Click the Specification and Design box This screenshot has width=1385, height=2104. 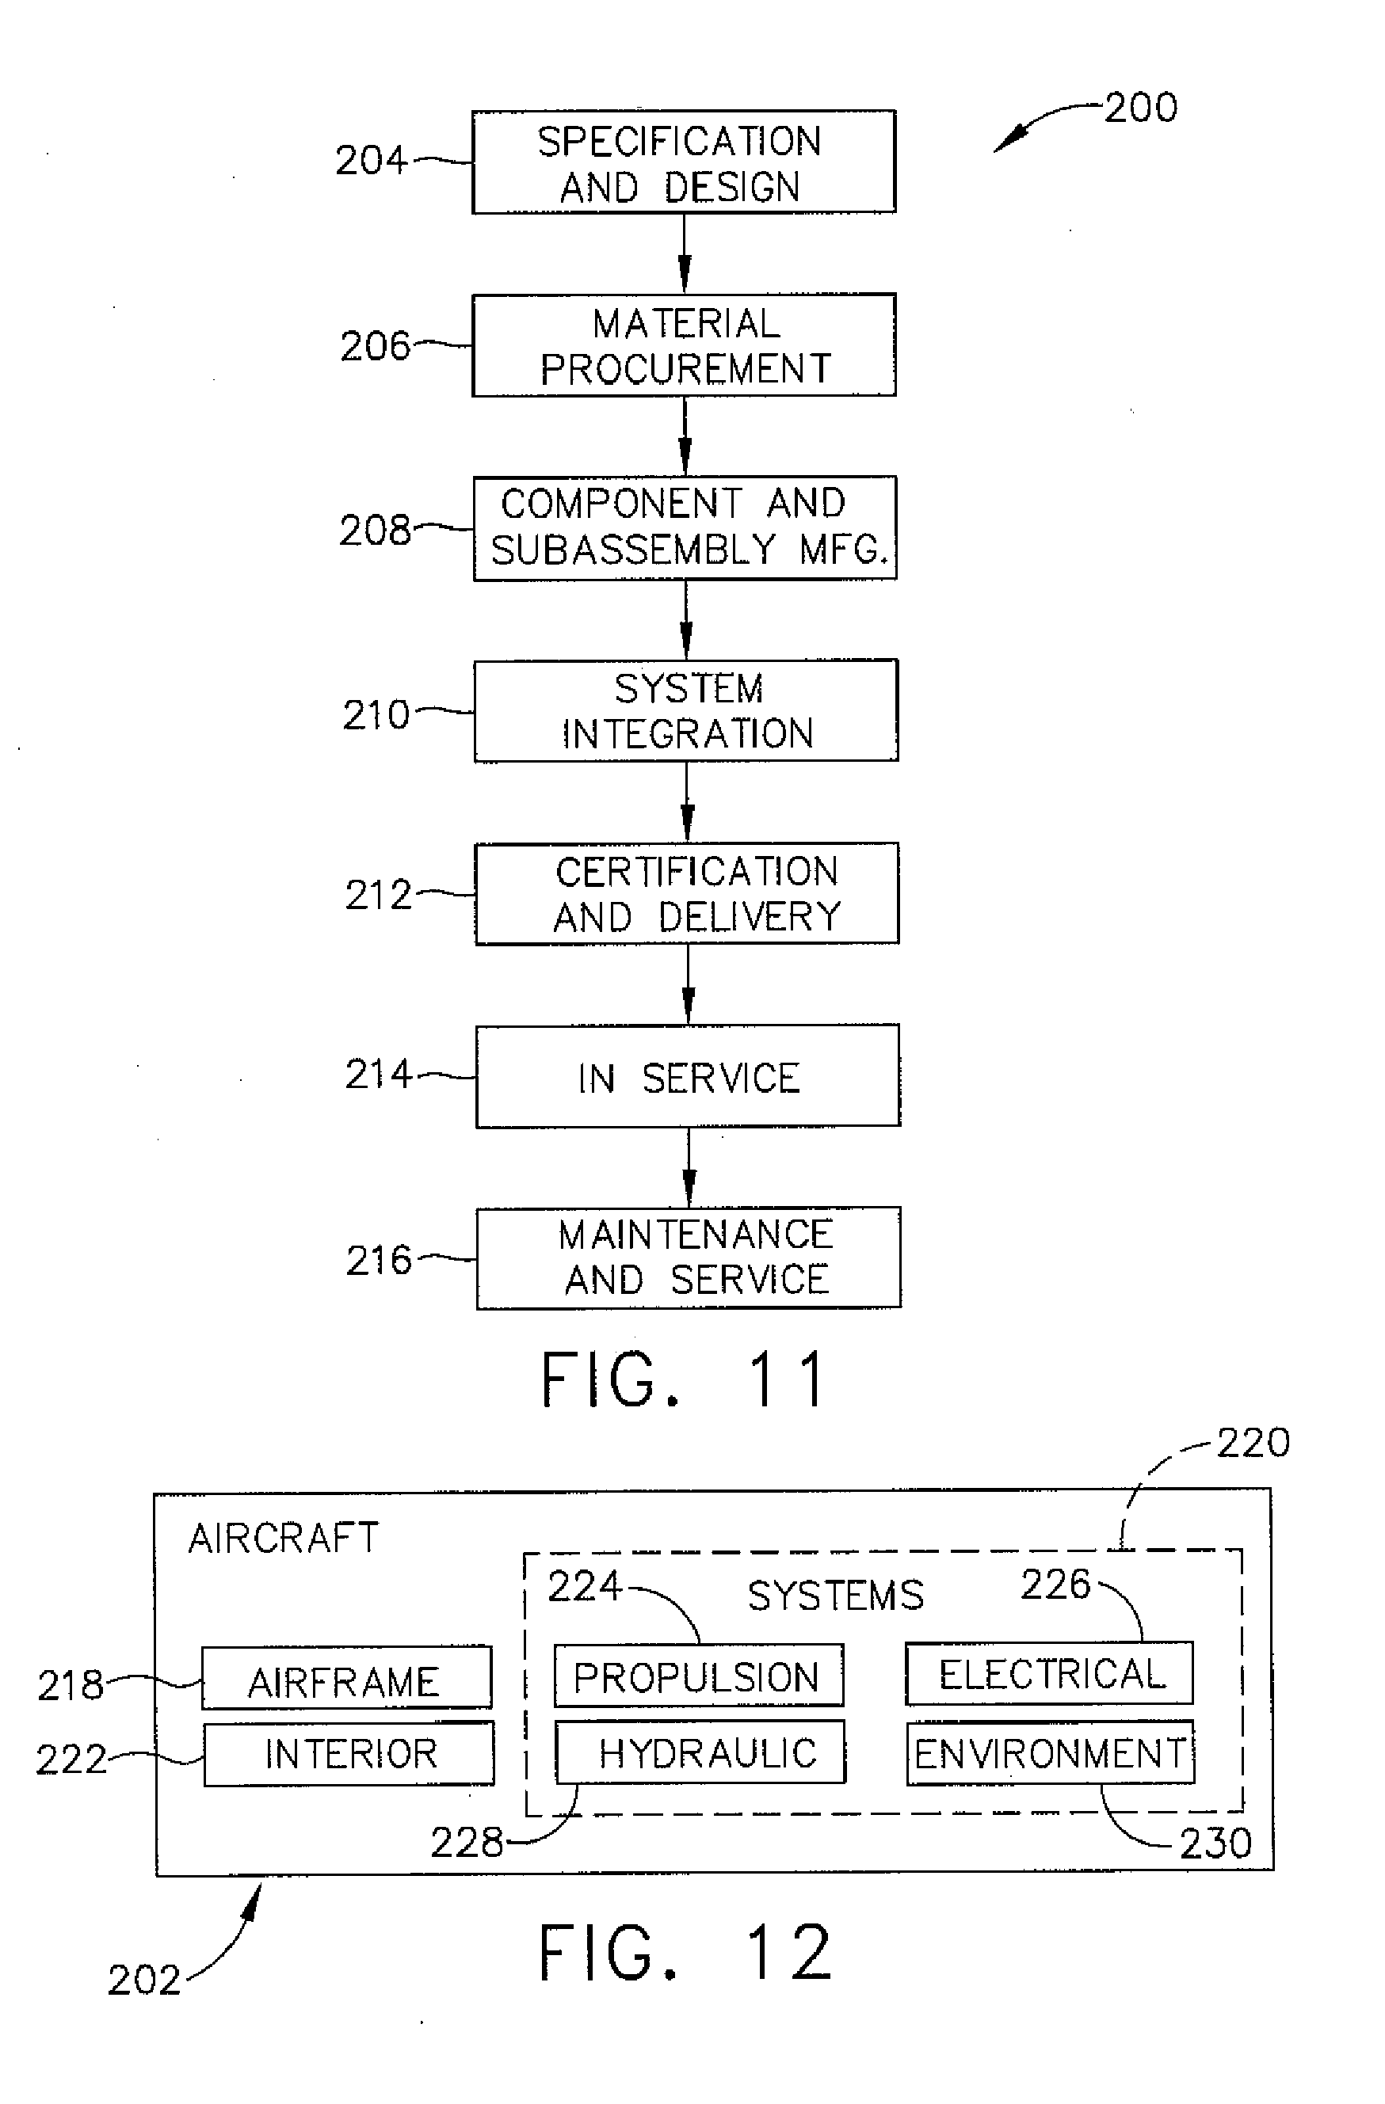(x=683, y=162)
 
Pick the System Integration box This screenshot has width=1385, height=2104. (x=685, y=711)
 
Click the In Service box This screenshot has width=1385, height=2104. (x=687, y=1076)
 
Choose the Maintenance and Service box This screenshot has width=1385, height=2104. (x=688, y=1258)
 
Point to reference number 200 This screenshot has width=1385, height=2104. (x=1140, y=108)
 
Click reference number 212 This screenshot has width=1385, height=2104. (x=378, y=895)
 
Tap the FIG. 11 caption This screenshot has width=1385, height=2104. (x=684, y=1380)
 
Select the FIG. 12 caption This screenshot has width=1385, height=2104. (x=685, y=1953)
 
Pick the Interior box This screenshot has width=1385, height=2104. (x=349, y=1754)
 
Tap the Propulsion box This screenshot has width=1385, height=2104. (x=698, y=1676)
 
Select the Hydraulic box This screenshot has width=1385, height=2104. (x=700, y=1752)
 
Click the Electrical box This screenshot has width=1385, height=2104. (x=1049, y=1673)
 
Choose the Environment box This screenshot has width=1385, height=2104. (x=1050, y=1753)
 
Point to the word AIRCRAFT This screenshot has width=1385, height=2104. (x=283, y=1539)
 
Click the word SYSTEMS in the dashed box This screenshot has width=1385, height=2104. (x=835, y=1596)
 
